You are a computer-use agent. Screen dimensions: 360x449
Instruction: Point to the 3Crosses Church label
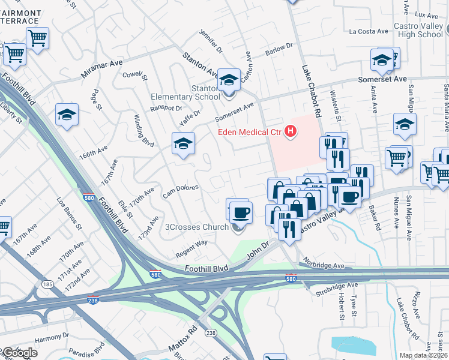pos(197,227)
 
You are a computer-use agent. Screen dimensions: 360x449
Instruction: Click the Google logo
pos(19,352)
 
